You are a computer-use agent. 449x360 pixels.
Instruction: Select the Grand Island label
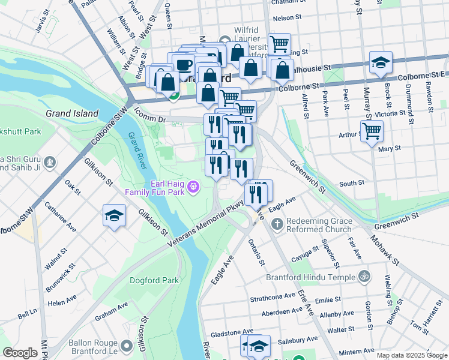click(72, 113)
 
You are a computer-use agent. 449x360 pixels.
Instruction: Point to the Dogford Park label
click(155, 280)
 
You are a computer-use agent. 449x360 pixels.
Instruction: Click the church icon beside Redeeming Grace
click(277, 224)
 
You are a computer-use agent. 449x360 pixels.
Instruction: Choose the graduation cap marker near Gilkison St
click(113, 216)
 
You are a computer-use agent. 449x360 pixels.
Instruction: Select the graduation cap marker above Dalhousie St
click(381, 62)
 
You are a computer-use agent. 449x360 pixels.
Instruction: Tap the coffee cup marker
click(184, 64)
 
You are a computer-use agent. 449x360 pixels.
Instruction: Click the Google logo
click(20, 353)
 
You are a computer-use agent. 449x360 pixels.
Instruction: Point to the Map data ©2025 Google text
click(411, 355)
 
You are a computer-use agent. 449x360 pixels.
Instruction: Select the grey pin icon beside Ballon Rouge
click(127, 346)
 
